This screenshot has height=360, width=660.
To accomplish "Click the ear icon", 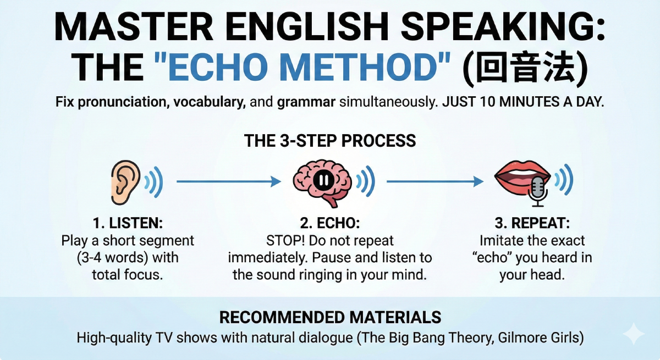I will (126, 179).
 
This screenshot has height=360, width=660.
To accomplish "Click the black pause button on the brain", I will (321, 180).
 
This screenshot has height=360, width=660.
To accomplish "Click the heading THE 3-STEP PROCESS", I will (330, 141).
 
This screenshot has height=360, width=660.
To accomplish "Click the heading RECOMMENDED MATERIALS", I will (330, 317).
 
